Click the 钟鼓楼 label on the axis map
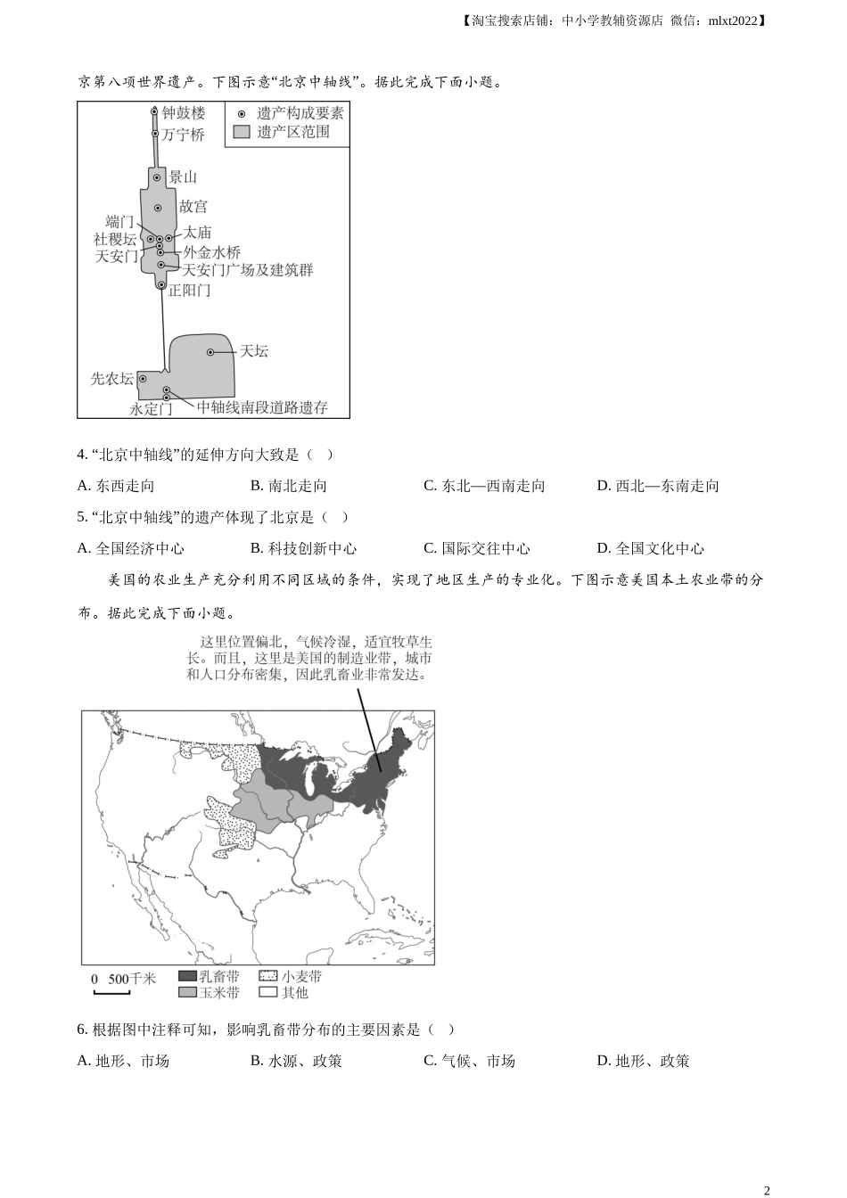184,113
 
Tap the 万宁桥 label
183,135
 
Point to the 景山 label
183,177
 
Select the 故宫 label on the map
193,207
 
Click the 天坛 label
254,351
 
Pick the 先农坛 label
111,379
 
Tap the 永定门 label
150,409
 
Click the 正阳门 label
190,291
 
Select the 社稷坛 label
115,239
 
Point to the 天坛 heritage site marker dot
210,352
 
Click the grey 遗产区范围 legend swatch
242,132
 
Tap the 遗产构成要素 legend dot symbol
242,113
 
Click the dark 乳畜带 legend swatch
187,976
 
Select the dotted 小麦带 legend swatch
268,976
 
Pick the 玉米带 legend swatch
187,992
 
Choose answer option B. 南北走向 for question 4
289,486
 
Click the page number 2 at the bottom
767,1190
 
